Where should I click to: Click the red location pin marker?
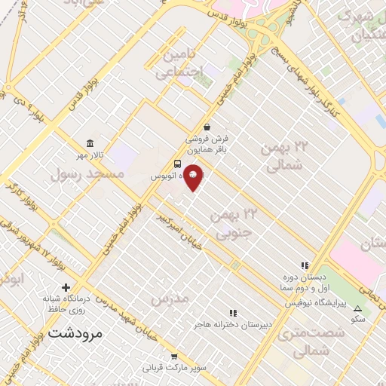194,176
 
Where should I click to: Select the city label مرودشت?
74,332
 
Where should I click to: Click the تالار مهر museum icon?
90,143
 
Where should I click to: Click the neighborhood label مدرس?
169,299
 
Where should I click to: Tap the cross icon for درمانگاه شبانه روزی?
66,287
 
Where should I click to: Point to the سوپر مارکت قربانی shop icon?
174,357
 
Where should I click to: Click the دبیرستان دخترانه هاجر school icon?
233,312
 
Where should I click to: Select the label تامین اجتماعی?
181,63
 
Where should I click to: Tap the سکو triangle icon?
357,308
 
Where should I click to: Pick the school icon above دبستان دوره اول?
305,265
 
